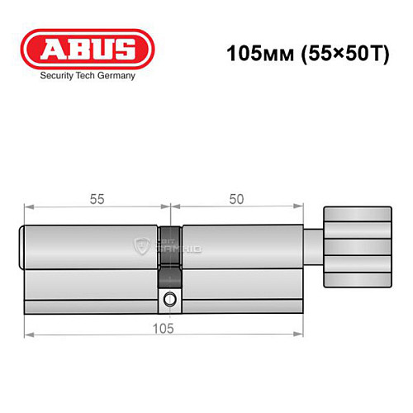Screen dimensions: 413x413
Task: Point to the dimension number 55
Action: [x=97, y=199]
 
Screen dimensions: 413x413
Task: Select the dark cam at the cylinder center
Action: [x=169, y=248]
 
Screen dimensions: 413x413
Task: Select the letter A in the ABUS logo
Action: [x=48, y=49]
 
